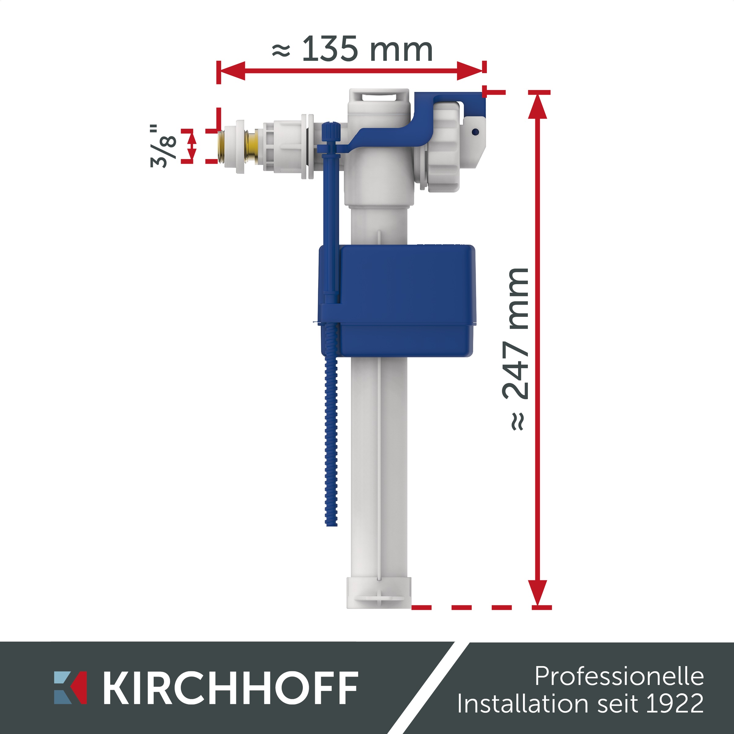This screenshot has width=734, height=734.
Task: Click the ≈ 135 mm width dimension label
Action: (353, 49)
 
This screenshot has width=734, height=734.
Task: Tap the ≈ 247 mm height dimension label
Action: (516, 349)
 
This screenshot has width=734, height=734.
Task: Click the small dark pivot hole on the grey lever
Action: (475, 132)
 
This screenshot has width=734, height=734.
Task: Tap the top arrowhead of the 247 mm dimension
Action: (538, 106)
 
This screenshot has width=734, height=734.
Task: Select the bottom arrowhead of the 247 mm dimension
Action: (538, 593)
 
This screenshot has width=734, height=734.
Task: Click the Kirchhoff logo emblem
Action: (70, 687)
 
